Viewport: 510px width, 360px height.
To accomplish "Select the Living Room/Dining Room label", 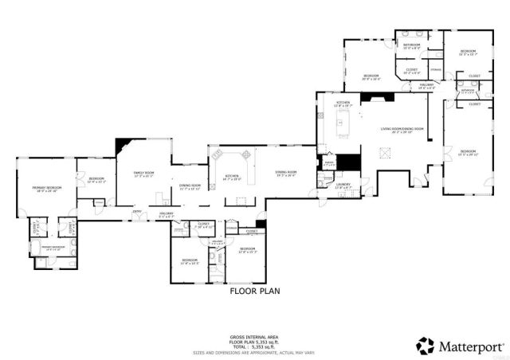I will tap(401, 130).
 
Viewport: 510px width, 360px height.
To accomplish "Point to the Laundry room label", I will tap(343, 185).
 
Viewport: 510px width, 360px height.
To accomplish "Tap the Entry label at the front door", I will tap(137, 211).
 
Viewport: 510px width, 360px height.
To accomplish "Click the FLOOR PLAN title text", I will tap(255, 292).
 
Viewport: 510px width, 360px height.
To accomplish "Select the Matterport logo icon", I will tap(426, 346).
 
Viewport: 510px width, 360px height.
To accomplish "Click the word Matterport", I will tap(470, 346).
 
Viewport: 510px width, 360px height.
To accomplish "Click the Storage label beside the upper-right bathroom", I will tap(436, 69).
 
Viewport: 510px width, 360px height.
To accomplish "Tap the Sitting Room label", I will tap(286, 173).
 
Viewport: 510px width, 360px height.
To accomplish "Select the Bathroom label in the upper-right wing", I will tap(411, 45).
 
